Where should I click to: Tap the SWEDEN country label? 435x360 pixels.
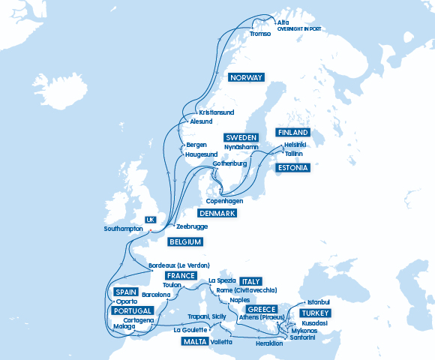241,138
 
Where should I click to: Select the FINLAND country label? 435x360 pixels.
292,133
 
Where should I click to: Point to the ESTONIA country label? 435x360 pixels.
292,168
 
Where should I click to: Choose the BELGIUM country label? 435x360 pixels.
185,241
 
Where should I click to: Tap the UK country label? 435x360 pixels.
150,220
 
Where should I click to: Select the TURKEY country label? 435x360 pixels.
315,313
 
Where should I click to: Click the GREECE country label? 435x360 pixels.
262,309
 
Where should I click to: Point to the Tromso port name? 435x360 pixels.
260,34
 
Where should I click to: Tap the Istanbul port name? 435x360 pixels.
319,302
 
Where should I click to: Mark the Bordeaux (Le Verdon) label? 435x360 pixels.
178,266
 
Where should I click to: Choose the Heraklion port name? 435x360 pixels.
269,343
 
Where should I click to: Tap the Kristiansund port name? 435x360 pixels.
217,112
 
